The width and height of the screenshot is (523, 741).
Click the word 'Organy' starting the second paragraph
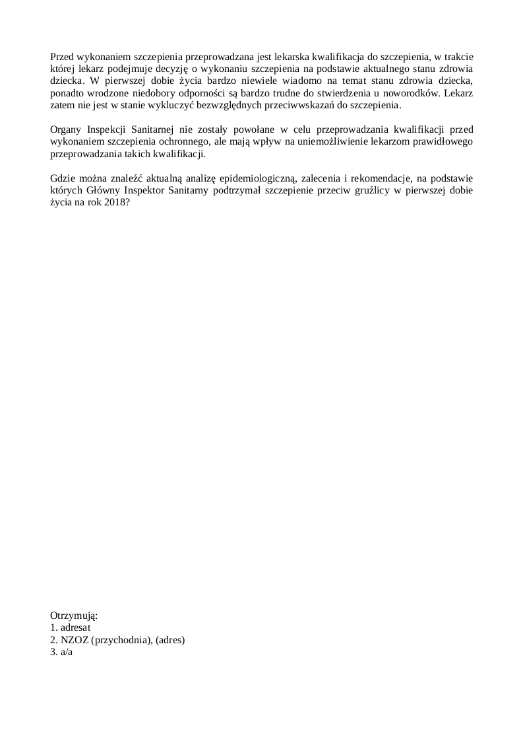(x=65, y=130)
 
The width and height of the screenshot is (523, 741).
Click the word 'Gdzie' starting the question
(x=63, y=178)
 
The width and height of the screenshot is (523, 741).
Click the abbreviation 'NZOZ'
(x=73, y=639)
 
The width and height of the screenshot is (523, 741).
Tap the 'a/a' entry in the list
(x=65, y=651)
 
